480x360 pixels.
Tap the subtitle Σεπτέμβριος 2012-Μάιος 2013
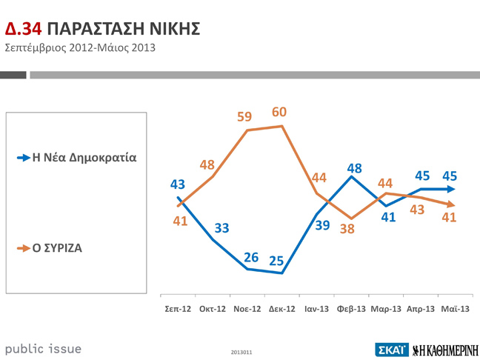click(81, 49)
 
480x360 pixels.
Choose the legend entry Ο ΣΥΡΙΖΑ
click(56, 248)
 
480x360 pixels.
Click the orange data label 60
click(279, 112)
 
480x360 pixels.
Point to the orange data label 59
click(244, 117)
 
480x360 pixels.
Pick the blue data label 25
click(276, 261)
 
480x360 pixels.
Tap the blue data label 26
click(251, 257)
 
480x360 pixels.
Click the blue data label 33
click(222, 227)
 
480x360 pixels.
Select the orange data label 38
click(347, 229)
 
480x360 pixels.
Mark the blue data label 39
click(322, 224)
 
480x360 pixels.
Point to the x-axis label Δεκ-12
click(281, 308)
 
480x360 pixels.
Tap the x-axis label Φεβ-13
click(350, 308)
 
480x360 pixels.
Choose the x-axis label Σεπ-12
click(178, 308)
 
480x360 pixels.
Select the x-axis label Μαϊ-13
click(454, 308)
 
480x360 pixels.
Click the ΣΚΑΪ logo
click(392, 349)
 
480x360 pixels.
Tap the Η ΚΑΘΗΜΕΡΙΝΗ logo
click(445, 349)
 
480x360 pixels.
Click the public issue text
click(43, 348)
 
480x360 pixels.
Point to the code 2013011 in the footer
click(241, 352)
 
